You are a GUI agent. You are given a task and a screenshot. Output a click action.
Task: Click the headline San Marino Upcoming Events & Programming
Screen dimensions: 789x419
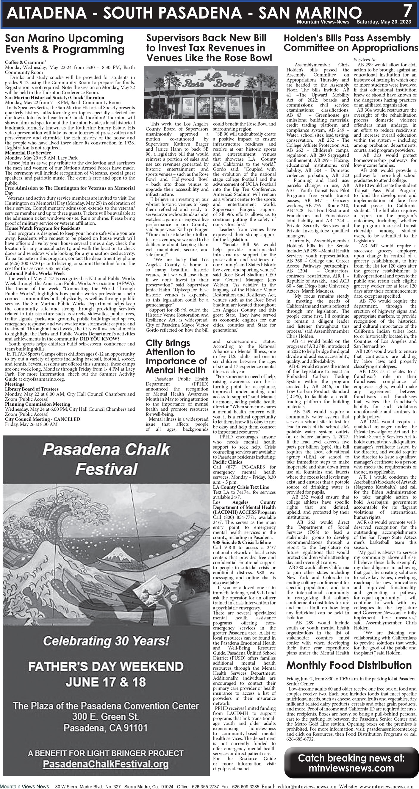[x=65, y=44]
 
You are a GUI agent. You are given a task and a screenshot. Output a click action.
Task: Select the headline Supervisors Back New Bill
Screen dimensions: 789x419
[x=206, y=38]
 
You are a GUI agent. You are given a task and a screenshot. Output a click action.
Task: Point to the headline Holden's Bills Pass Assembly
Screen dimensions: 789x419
[x=347, y=38]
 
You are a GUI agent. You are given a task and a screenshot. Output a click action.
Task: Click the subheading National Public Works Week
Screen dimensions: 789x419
[x=35, y=274]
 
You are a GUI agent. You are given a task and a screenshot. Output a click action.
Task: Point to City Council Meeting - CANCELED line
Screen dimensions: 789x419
[x=42, y=419]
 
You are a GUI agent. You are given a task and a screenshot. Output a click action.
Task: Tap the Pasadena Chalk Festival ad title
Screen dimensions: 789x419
[x=106, y=459]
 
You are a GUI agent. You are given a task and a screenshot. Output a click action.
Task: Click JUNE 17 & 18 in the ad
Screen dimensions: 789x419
[x=106, y=682]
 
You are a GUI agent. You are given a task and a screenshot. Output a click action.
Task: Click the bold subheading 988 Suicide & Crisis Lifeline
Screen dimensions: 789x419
[x=242, y=543]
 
